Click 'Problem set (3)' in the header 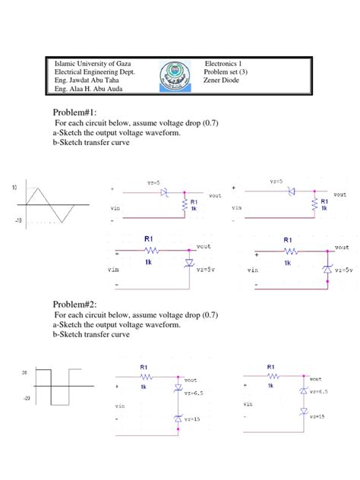[227, 72]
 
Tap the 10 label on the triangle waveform [14, 186]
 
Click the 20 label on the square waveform [24, 371]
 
